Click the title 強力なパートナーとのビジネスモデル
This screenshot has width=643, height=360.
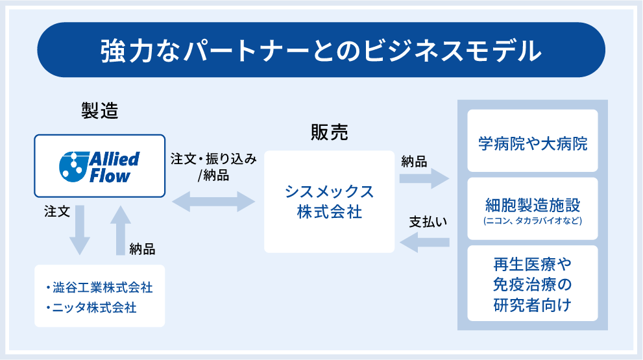point(321,51)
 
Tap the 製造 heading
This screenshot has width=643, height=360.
point(99,110)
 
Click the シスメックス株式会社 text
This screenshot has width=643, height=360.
point(329,202)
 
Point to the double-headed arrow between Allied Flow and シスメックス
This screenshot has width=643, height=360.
point(214,201)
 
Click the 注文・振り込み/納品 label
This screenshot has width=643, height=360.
point(213,167)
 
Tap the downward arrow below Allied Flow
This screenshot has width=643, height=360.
point(80,230)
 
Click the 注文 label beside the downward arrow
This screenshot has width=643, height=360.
point(56,212)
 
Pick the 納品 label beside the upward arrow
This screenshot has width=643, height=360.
point(142,248)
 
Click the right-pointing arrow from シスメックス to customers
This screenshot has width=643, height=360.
point(424,179)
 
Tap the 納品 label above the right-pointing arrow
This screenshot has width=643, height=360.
point(414,162)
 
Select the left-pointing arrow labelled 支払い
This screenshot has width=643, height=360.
point(425,243)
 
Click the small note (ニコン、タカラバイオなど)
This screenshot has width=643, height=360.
point(532,221)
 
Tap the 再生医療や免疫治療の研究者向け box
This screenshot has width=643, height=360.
point(532,283)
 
